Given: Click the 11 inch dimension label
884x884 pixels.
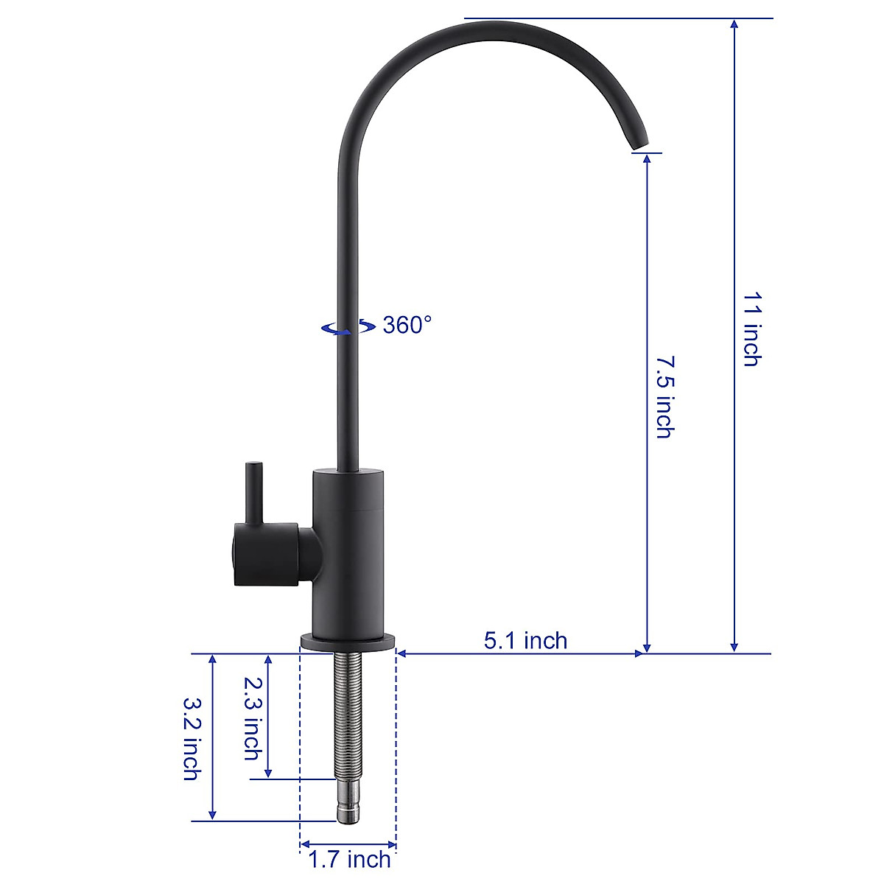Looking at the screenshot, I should pos(751,329).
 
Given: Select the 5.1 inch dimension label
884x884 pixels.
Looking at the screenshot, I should pos(525,640).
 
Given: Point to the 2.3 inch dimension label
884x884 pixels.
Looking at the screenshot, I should pos(253,718).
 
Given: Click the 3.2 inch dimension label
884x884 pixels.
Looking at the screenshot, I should pos(192,738).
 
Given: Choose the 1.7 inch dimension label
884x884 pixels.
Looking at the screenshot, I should pos(349,859).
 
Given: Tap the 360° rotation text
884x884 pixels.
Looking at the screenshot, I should pos(407,325).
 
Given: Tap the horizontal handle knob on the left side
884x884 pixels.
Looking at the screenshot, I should pos(265,554).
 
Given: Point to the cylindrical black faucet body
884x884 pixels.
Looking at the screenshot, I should pos(348,552).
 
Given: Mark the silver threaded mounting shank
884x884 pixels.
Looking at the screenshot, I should pos(348,715).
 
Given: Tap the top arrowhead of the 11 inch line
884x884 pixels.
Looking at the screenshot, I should pos(734,25).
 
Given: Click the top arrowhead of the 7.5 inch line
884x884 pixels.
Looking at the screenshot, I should pos(647,161).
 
